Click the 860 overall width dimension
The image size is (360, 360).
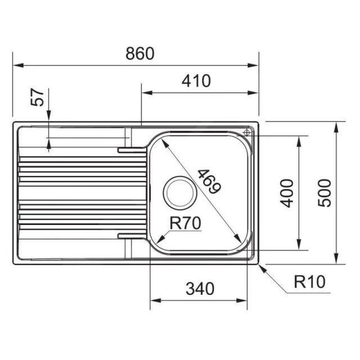pyautogui.click(x=139, y=54)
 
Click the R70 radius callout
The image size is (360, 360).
pyautogui.click(x=185, y=223)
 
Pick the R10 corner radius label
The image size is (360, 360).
pyautogui.click(x=310, y=282)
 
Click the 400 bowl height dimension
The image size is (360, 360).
pyautogui.click(x=287, y=193)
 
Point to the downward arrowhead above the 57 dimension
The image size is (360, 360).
pyautogui.click(x=49, y=119)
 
